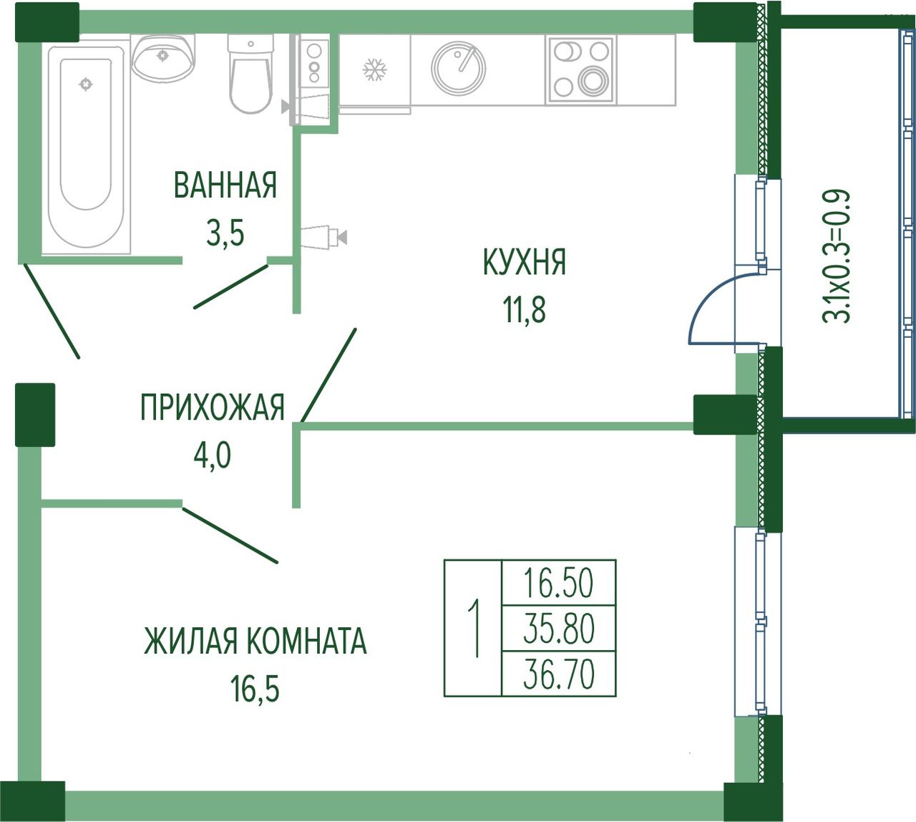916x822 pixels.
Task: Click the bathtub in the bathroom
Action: (86, 144)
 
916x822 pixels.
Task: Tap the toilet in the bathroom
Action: (251, 74)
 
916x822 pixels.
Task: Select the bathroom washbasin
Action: (163, 57)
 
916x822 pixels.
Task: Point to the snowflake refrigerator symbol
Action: (375, 69)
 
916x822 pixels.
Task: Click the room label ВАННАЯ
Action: (225, 185)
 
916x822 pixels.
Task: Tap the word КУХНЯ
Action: (525, 262)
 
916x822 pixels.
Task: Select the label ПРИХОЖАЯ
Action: (212, 407)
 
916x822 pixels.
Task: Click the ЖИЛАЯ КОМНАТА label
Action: (255, 641)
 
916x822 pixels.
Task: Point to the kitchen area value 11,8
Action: (525, 310)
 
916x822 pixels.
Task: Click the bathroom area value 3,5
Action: (225, 233)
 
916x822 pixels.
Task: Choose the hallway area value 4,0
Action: (212, 455)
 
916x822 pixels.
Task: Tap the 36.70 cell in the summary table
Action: (558, 674)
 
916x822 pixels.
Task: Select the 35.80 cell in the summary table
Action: (558, 629)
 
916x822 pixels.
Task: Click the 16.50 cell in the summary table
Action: (558, 583)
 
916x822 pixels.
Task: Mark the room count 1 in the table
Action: (474, 628)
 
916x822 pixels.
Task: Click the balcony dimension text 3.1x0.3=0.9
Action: (836, 256)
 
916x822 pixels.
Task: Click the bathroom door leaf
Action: (231, 286)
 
